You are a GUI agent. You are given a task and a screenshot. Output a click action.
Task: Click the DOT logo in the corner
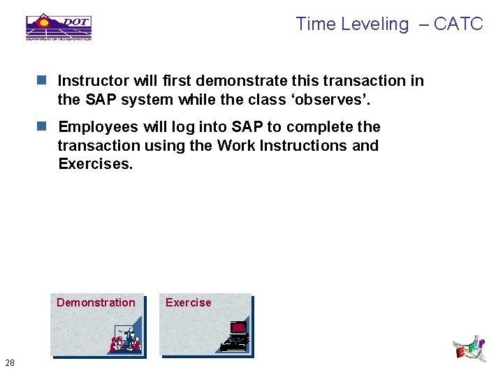(x=59, y=27)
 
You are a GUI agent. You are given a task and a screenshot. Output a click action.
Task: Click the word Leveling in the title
(x=374, y=24)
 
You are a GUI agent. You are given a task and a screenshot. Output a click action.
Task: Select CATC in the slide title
(x=458, y=24)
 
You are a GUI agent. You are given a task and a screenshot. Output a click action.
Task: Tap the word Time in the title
(x=316, y=24)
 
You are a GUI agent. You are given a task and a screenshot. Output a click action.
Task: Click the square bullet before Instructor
(x=42, y=81)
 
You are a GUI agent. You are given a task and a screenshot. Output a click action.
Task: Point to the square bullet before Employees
(x=42, y=127)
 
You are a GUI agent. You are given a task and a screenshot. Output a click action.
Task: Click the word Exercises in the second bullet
(x=95, y=165)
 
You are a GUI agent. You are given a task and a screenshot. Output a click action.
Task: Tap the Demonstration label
(x=96, y=302)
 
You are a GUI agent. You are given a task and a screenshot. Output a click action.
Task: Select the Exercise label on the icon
(x=188, y=302)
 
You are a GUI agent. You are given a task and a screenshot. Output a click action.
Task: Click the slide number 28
(x=10, y=362)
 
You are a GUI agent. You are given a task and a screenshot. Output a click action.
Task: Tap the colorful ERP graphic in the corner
(x=469, y=348)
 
